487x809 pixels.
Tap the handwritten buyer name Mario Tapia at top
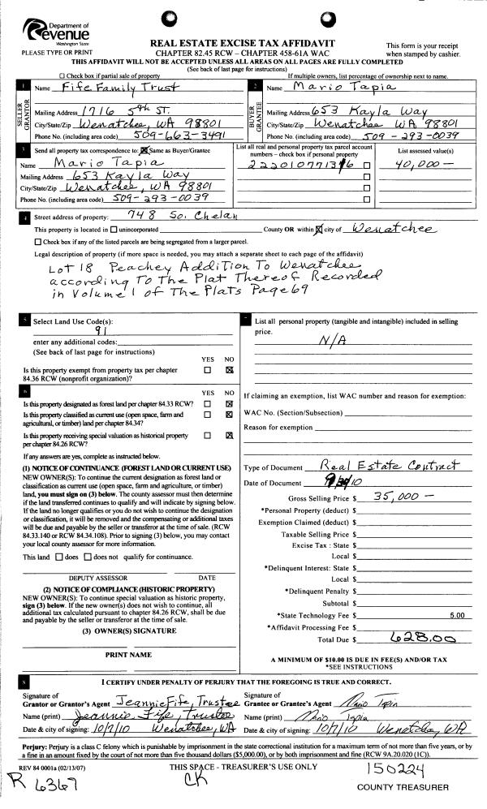pyautogui.click(x=331, y=86)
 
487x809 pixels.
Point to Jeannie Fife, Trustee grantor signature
pyautogui.click(x=175, y=701)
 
